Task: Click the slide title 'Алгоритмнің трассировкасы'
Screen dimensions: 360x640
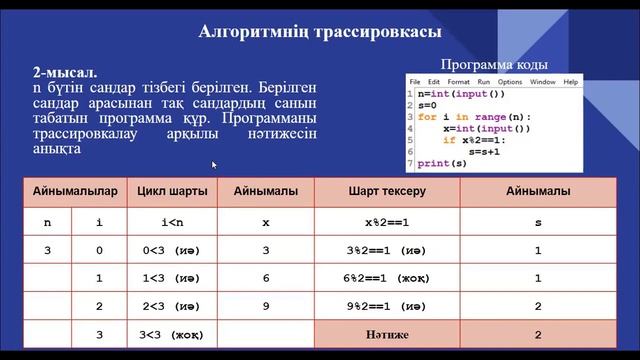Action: click(319, 32)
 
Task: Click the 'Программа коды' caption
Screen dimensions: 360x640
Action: click(493, 63)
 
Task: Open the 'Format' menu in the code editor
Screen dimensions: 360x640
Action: click(458, 81)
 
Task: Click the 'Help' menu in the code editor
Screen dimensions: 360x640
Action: click(571, 81)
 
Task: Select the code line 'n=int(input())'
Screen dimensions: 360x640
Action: click(461, 93)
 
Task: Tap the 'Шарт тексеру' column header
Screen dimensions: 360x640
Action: click(387, 190)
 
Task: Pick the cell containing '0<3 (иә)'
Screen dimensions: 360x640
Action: click(167, 251)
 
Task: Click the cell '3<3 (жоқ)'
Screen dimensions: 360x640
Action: click(167, 335)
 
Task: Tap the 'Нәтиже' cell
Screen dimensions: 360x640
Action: click(387, 335)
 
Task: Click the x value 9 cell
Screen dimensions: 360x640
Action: click(266, 307)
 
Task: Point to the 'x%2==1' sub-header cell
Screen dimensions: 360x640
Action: click(387, 222)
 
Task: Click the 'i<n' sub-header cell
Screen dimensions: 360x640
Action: click(167, 222)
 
